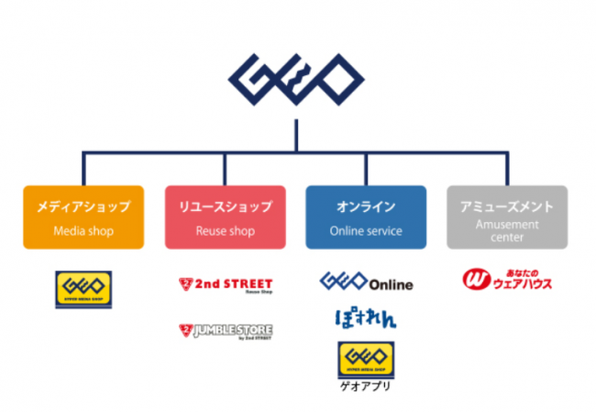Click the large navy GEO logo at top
tap(297, 80)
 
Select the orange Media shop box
tap(83, 217)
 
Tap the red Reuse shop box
tap(224, 217)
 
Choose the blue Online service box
tap(366, 217)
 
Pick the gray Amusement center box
tap(507, 217)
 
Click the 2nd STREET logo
tap(226, 284)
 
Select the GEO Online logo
tap(366, 282)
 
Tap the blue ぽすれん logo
tap(365, 319)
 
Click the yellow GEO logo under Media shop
tap(83, 288)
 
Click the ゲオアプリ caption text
tap(366, 386)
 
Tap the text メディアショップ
tap(83, 207)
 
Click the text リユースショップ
tap(224, 207)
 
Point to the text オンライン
tap(366, 207)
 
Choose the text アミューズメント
tap(507, 207)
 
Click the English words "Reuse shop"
tap(224, 231)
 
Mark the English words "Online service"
tap(366, 231)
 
